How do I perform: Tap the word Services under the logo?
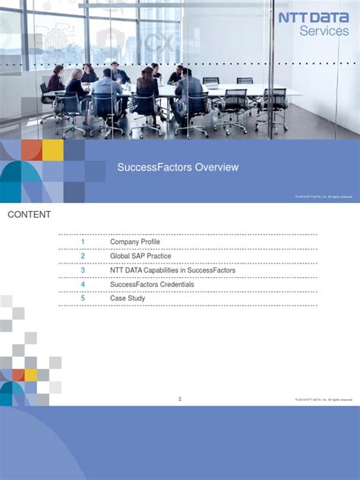point(324,31)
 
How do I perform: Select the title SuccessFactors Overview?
point(178,167)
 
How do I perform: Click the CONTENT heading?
point(30,215)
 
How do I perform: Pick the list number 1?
point(83,242)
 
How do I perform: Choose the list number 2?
point(83,256)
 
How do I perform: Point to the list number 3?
point(83,270)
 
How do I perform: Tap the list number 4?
point(83,284)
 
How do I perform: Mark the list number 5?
point(83,298)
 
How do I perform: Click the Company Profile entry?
point(135,242)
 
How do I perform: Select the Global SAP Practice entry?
point(141,256)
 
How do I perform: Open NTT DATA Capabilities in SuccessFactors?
point(172,270)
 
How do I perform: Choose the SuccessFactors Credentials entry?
point(152,284)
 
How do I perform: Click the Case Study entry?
point(128,298)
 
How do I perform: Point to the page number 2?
point(180,399)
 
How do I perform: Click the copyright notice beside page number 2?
point(324,400)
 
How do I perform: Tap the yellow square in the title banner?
point(52,150)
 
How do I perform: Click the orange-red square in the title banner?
point(31,150)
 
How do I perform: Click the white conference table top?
point(228,90)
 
